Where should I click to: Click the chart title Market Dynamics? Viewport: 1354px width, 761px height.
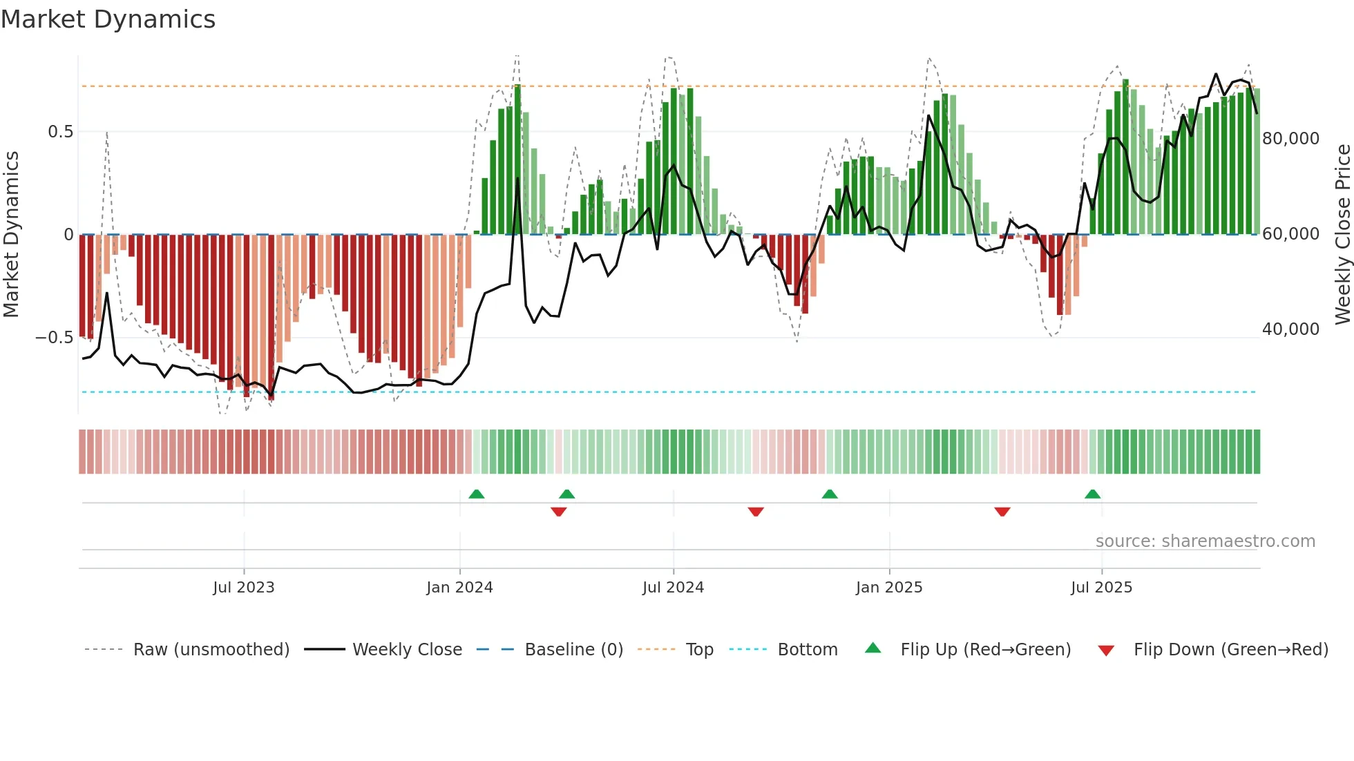click(108, 19)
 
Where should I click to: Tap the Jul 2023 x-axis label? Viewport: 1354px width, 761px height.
click(244, 588)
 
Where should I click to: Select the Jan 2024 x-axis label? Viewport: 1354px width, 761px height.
click(459, 588)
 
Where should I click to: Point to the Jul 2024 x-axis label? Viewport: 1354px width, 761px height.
click(673, 588)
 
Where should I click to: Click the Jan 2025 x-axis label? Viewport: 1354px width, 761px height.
click(889, 588)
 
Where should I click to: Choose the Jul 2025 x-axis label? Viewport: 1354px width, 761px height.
click(1101, 588)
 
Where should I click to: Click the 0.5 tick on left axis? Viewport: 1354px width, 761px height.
click(60, 132)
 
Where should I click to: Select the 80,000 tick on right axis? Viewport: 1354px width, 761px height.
click(1290, 139)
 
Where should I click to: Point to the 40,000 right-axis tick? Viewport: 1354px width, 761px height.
click(1290, 329)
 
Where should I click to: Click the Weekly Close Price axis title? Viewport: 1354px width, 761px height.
click(1342, 235)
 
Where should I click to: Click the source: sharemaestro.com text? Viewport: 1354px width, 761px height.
click(1205, 541)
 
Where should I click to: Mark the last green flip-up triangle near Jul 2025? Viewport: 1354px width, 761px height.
click(1092, 494)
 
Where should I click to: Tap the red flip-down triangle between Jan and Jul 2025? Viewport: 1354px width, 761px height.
click(1002, 512)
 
